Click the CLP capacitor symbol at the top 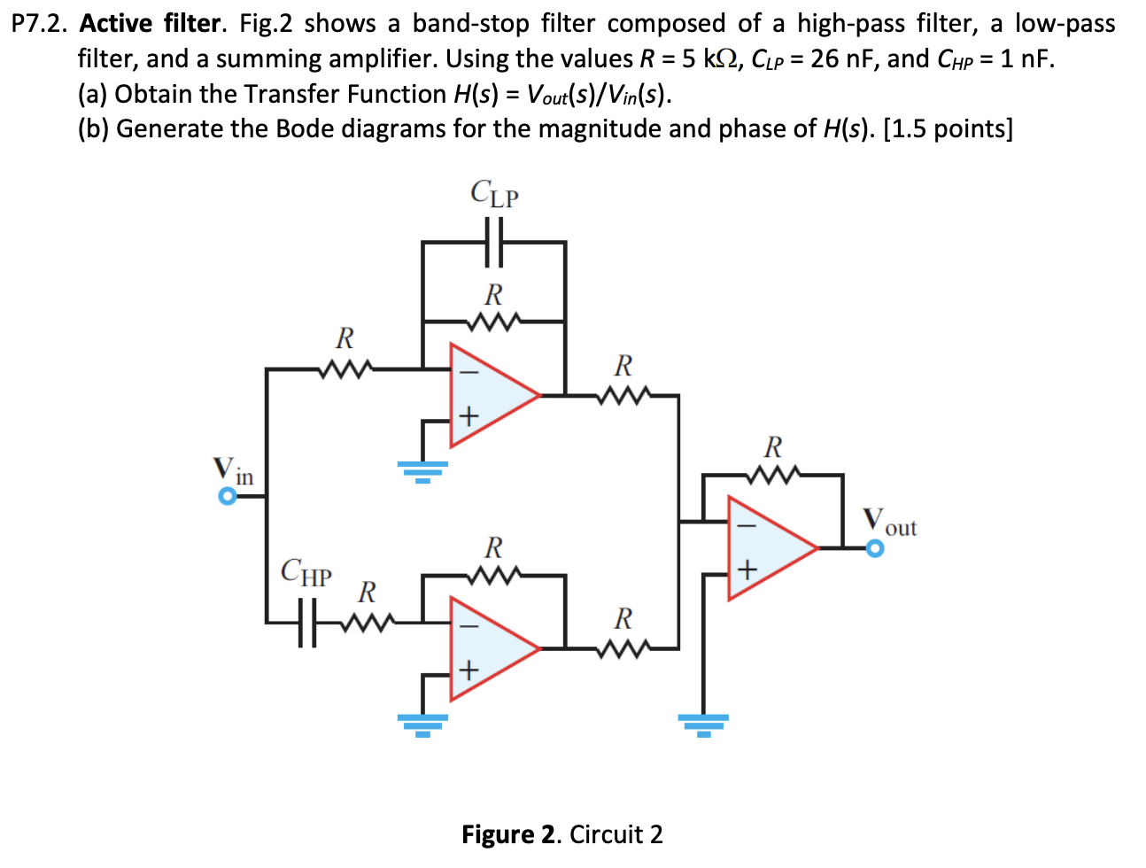point(494,242)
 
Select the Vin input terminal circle point(228,497)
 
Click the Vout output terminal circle point(875,549)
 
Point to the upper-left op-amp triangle point(488,395)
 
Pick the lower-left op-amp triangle point(488,648)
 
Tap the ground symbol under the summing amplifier point(703,725)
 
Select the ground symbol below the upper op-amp point(422,470)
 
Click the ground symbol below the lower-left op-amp point(422,725)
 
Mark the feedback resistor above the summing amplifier point(773,475)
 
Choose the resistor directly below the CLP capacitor point(493,321)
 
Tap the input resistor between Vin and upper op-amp point(345,368)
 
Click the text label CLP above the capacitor point(494,194)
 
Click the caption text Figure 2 point(511,834)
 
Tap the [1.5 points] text point(948,129)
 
